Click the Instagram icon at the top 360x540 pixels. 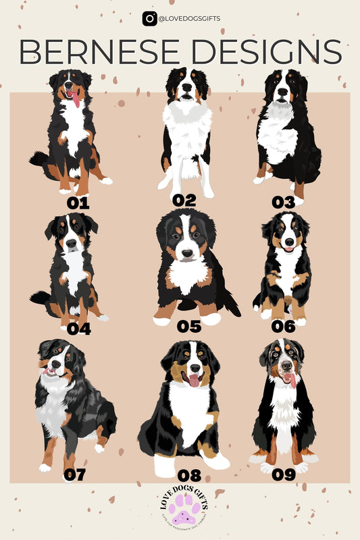tap(149, 19)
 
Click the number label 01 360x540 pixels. tap(78, 202)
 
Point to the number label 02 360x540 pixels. tap(184, 200)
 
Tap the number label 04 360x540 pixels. tap(79, 329)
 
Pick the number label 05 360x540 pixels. tap(189, 327)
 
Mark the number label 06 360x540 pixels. tap(284, 327)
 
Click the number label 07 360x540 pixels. tap(74, 475)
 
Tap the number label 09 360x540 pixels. tap(283, 475)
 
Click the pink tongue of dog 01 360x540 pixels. tap(76, 101)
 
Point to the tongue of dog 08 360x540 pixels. tap(193, 380)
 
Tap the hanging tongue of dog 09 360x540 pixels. tap(291, 379)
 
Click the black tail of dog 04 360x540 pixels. tap(39, 297)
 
